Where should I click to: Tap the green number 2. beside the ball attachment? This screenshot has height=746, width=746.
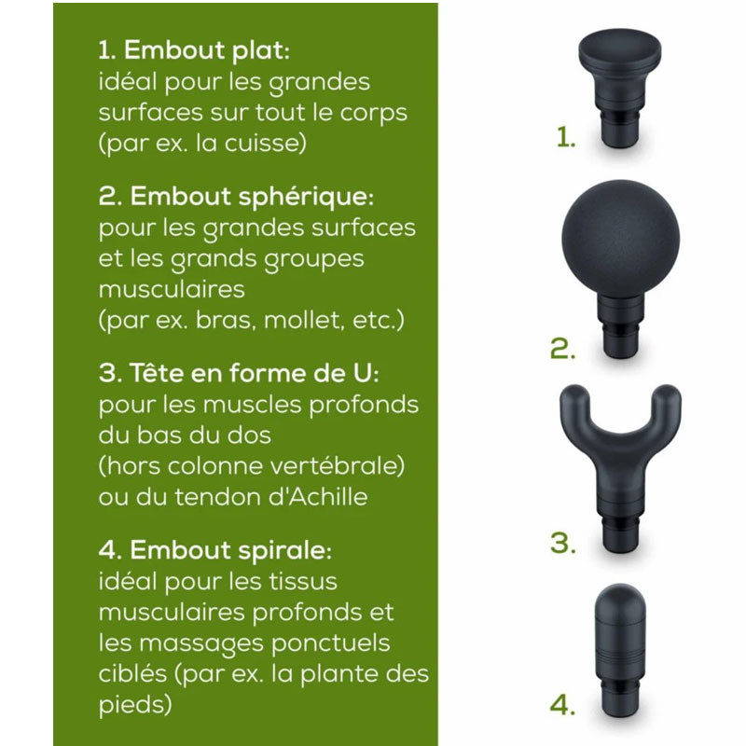pos(562,350)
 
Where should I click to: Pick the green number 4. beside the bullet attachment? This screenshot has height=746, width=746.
pos(562,705)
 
